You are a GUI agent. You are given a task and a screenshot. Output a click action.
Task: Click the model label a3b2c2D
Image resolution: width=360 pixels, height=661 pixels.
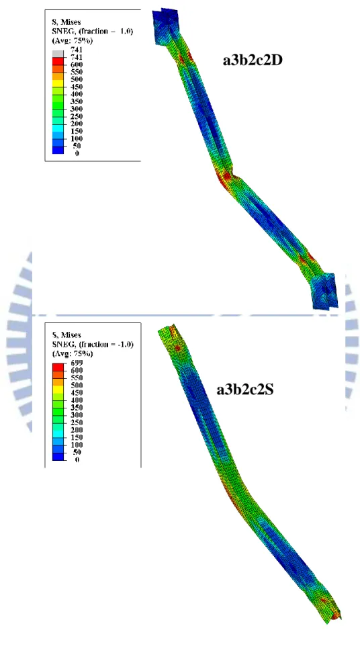pyautogui.click(x=252, y=61)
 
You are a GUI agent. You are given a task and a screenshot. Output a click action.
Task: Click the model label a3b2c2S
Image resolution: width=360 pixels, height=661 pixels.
pyautogui.click(x=245, y=390)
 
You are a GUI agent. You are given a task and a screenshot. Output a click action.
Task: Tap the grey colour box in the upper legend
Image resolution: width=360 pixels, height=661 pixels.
pyautogui.click(x=58, y=54)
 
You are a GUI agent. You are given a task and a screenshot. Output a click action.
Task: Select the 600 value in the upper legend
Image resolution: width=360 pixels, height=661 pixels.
pyautogui.click(x=77, y=64)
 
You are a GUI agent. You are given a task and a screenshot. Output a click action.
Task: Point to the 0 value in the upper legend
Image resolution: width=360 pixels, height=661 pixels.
pyautogui.click(x=77, y=153)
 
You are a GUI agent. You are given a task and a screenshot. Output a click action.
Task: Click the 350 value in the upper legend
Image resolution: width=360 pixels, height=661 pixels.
pyautogui.click(x=77, y=101)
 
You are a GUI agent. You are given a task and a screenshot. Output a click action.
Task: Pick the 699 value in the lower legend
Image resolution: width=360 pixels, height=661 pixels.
pyautogui.click(x=77, y=363)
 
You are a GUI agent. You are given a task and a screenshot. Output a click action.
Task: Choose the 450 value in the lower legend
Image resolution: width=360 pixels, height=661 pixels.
pyautogui.click(x=77, y=392)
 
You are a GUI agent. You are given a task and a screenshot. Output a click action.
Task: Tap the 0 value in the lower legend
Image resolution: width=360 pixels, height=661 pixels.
pyautogui.click(x=77, y=459)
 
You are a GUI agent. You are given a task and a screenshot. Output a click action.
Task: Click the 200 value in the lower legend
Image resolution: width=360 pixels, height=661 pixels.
pyautogui.click(x=77, y=429)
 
